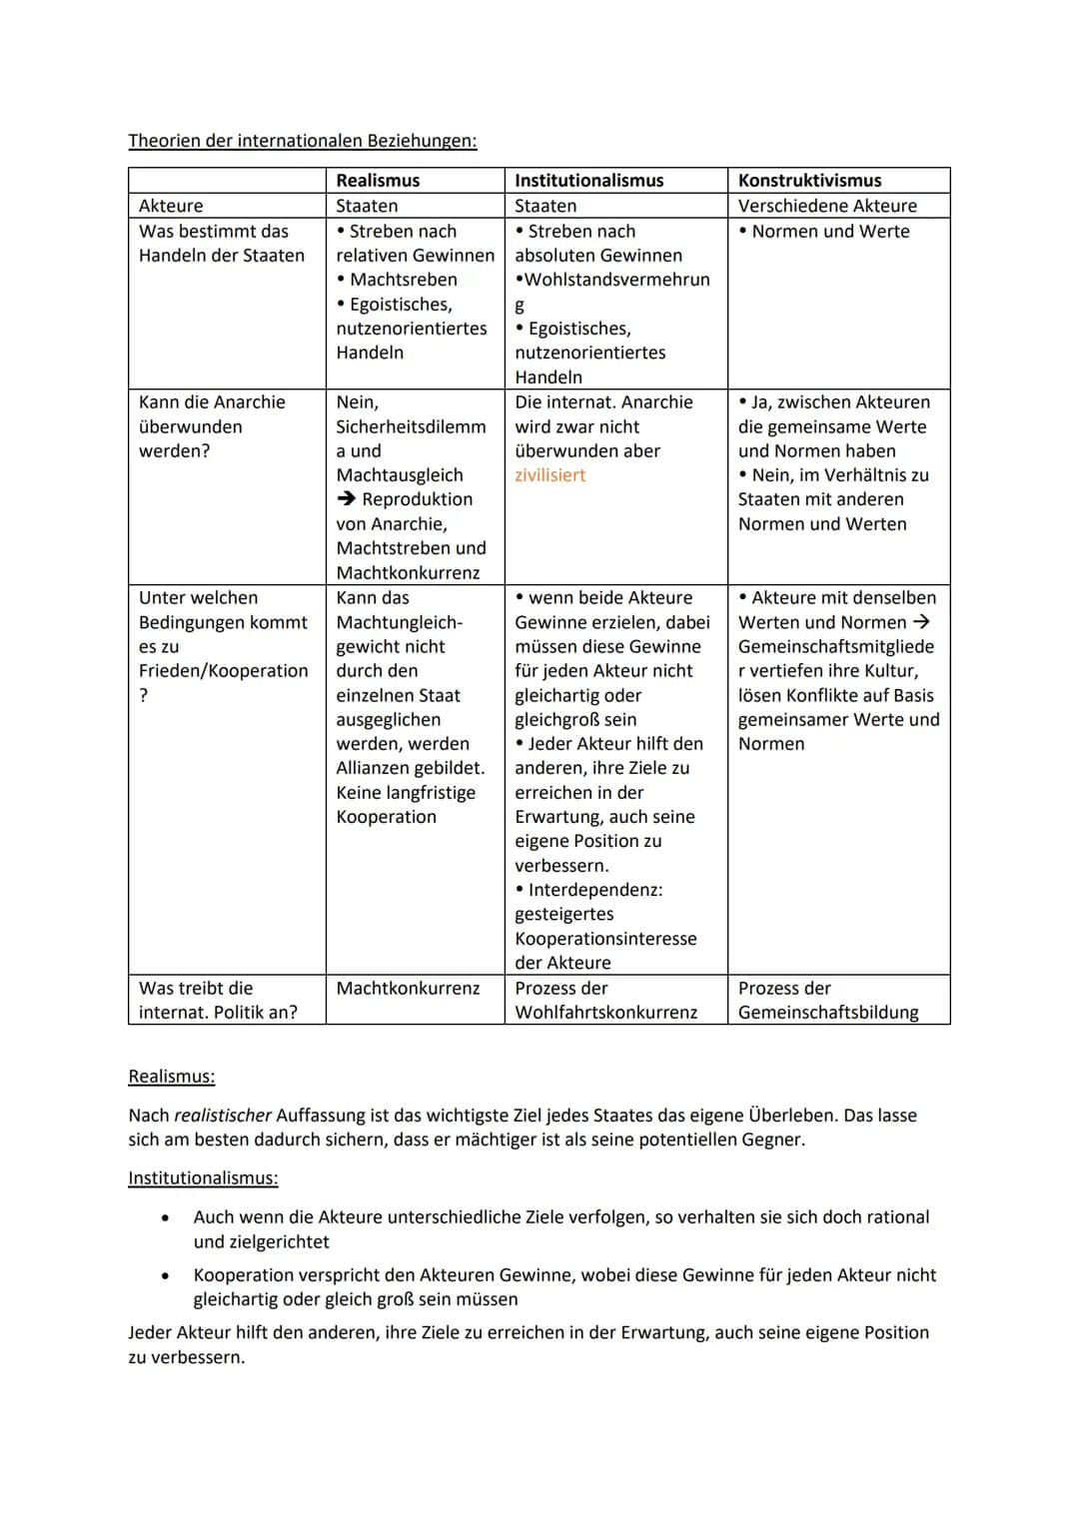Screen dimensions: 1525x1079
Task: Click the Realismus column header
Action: pos(378,181)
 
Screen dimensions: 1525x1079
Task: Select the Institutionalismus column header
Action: pos(588,181)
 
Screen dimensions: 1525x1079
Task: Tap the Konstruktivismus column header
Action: pos(809,181)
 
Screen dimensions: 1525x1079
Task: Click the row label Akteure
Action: pos(171,206)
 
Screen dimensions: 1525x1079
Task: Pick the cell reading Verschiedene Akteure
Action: pos(827,206)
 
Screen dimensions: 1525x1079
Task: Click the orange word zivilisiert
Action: pos(549,475)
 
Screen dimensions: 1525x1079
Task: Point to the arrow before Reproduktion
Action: pos(347,499)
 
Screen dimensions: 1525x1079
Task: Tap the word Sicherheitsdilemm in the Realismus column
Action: pos(411,426)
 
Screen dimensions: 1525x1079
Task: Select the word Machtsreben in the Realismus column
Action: pos(403,280)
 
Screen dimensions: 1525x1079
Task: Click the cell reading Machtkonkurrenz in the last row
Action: pos(408,988)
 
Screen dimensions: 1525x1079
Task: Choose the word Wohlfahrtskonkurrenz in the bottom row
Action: pos(605,1013)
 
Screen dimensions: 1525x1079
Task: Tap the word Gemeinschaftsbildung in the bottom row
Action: pos(828,1013)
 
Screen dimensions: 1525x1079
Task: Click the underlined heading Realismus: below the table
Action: pos(171,1077)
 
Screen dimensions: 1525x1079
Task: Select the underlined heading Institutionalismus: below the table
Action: pos(203,1178)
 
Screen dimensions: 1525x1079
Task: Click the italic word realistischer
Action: pos(222,1116)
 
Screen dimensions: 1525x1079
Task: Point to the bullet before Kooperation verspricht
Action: pos(164,1276)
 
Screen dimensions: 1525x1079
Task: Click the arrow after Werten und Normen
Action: pos(921,622)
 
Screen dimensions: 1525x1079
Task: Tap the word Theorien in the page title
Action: pos(164,141)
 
